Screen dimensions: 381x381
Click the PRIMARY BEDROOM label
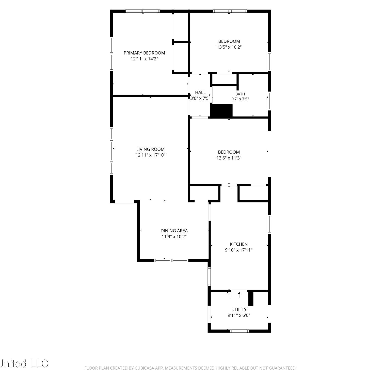point(144,53)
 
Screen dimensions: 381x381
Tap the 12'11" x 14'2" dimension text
point(144,59)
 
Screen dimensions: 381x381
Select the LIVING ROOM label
point(150,149)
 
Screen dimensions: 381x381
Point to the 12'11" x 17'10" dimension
point(150,155)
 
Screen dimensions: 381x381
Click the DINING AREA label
point(174,231)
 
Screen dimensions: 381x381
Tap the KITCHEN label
point(239,244)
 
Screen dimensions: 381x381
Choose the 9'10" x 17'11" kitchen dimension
point(239,250)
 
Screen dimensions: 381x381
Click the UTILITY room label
point(239,310)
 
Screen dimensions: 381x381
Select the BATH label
point(240,94)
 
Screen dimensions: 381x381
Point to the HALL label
point(200,92)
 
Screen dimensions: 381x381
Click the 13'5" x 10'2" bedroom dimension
point(229,47)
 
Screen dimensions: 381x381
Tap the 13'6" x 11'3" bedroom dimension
point(229,158)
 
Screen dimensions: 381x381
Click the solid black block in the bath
point(222,111)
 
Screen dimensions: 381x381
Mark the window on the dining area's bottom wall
point(171,260)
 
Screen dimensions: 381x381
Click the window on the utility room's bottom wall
point(239,331)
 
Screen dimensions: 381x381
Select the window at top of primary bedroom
point(143,11)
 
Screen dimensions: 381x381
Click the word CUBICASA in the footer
point(144,368)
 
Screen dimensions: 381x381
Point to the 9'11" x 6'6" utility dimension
point(239,315)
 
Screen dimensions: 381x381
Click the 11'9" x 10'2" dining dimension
point(174,236)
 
